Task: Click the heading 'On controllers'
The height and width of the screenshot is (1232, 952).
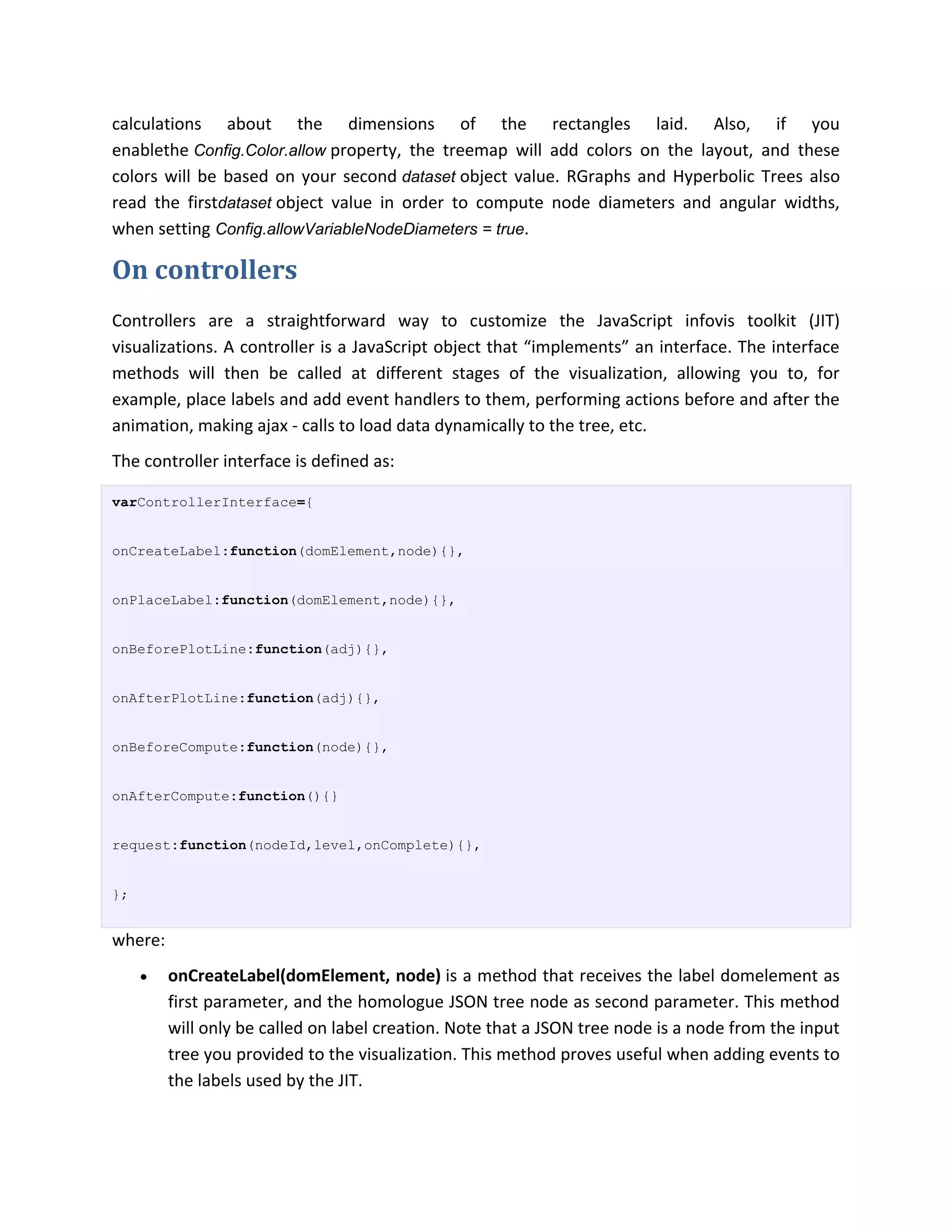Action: (204, 270)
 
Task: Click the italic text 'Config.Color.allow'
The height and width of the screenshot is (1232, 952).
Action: (260, 151)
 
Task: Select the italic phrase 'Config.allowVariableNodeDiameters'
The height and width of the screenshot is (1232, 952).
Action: (346, 229)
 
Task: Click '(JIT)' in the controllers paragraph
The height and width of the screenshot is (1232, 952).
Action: (824, 321)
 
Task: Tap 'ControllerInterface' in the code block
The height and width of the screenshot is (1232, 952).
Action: (217, 503)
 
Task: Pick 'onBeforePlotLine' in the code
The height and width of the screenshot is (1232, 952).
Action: (179, 650)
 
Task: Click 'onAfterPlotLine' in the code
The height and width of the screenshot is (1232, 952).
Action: (175, 699)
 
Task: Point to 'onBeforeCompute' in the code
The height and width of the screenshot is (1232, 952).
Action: (175, 748)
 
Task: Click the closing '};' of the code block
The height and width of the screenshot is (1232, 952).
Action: (120, 894)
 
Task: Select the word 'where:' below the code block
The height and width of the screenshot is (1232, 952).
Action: (138, 941)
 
